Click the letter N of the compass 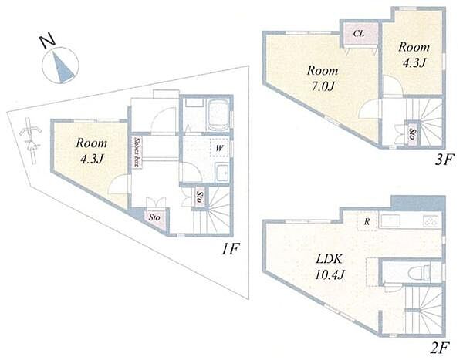point(48,42)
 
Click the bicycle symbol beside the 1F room point(30,141)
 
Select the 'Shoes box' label point(137,152)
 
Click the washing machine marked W point(219,148)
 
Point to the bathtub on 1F point(218,115)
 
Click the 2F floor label point(440,348)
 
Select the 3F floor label point(444,160)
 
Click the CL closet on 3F point(359,34)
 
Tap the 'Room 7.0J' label point(322,78)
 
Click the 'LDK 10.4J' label point(330,267)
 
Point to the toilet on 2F point(419,272)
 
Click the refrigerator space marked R point(367,221)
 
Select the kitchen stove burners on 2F point(431,221)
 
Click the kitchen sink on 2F point(390,220)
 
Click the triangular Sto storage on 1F point(155,218)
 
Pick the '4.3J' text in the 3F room point(414,63)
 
